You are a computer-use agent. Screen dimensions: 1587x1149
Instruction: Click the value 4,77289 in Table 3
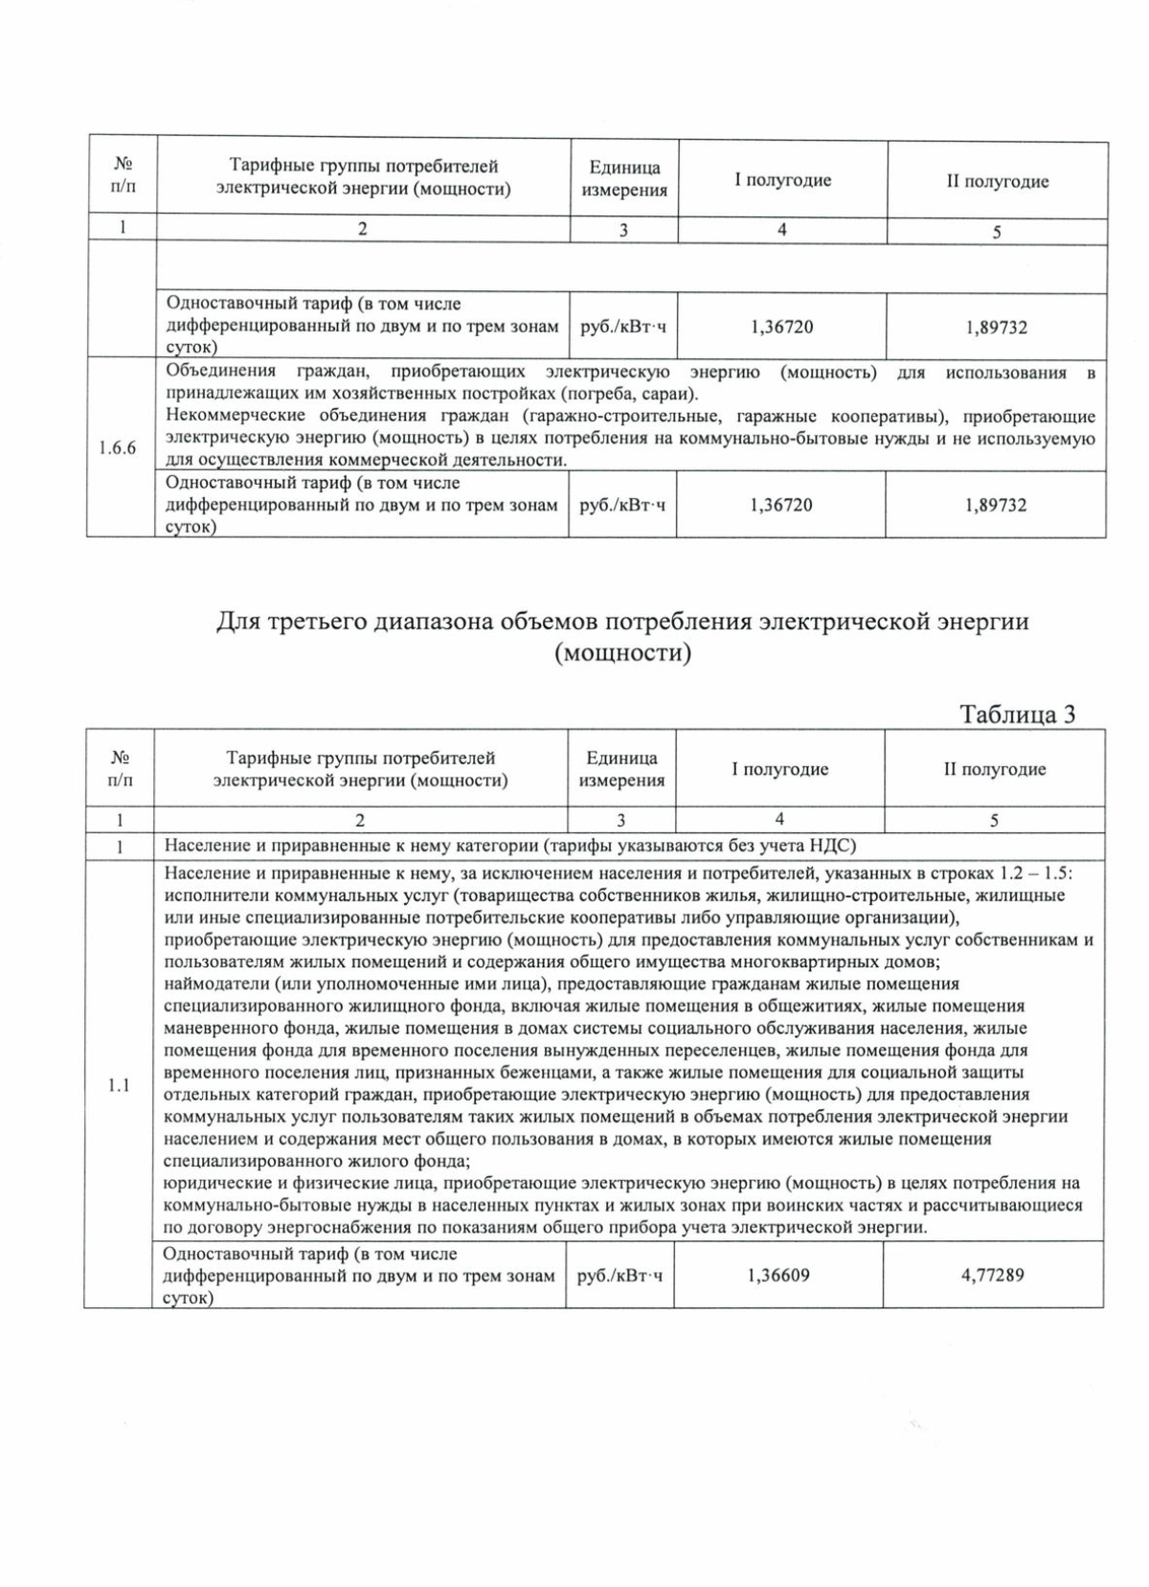pyautogui.click(x=992, y=1275)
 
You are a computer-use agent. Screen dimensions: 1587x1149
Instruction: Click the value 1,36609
pyautogui.click(x=777, y=1275)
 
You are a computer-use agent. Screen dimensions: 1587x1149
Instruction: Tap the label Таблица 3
pyautogui.click(x=1017, y=714)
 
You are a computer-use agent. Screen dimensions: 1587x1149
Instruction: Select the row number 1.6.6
pyautogui.click(x=118, y=448)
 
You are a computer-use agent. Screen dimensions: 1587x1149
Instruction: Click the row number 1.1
pyautogui.click(x=118, y=1085)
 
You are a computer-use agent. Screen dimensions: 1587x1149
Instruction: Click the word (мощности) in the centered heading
pyautogui.click(x=622, y=654)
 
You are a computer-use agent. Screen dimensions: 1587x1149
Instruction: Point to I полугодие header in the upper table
pyautogui.click(x=782, y=180)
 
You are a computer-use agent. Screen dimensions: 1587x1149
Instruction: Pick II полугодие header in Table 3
pyautogui.click(x=994, y=769)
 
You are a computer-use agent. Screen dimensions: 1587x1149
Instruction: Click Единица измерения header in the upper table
pyautogui.click(x=624, y=179)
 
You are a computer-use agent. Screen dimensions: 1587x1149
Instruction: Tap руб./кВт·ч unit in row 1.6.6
pyautogui.click(x=622, y=505)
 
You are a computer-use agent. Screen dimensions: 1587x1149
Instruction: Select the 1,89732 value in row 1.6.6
pyautogui.click(x=996, y=505)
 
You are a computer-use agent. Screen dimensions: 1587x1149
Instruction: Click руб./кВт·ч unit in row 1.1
pyautogui.click(x=620, y=1275)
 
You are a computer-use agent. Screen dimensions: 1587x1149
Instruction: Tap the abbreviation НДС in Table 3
pyautogui.click(x=835, y=846)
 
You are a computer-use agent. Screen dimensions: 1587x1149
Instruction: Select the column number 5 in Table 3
pyautogui.click(x=994, y=820)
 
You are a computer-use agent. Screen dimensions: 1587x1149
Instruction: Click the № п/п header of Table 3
pyautogui.click(x=119, y=769)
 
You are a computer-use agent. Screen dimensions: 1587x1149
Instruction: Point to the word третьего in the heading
pyautogui.click(x=313, y=622)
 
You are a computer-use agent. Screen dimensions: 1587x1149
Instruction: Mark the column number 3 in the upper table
pyautogui.click(x=623, y=231)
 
